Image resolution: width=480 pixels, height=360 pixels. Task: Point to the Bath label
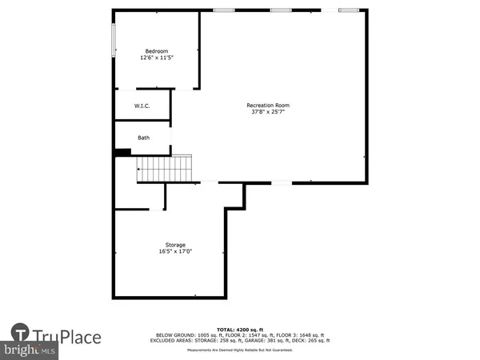tap(143, 138)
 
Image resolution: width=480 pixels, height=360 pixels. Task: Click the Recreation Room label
tap(267, 105)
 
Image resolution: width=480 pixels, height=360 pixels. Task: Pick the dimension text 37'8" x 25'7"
tap(267, 112)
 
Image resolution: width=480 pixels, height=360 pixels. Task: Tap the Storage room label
tap(175, 245)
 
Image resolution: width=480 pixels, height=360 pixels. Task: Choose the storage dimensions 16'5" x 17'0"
tap(175, 252)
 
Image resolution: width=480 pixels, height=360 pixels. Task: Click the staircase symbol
tap(164, 169)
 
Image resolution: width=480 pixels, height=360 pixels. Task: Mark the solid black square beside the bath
tap(122, 153)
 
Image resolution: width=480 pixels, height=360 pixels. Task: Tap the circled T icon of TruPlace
tap(21, 332)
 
